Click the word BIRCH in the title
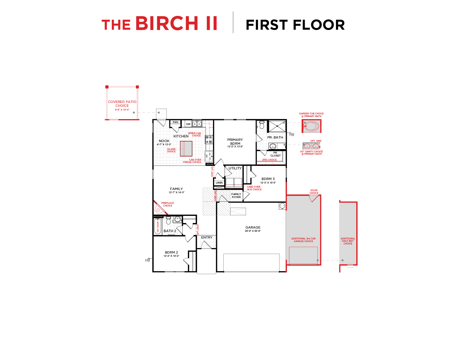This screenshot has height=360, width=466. point(167,24)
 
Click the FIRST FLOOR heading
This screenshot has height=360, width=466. point(295,25)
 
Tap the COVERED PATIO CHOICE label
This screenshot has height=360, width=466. point(122,104)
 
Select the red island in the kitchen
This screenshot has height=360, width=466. point(186,149)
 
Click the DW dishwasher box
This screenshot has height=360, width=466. point(188,124)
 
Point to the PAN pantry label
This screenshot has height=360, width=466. point(175,122)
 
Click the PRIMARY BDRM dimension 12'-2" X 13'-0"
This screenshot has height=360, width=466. point(235,146)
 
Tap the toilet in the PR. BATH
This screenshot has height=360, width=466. point(262,125)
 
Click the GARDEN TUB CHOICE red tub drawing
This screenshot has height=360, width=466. point(311,126)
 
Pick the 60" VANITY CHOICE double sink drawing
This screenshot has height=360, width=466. point(311,146)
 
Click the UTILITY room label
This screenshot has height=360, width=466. point(235,168)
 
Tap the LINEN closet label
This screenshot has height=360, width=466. point(219,183)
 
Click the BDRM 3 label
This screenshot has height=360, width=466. point(268,179)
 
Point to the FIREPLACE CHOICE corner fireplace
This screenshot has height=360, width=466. point(158,209)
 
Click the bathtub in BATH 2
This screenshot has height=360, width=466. point(158,226)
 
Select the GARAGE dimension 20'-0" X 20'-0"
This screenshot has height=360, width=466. point(253,231)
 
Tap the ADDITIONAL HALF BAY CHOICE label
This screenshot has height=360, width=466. point(348,241)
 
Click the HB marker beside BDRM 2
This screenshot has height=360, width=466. point(147,260)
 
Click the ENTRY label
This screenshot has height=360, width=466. point(207,237)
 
